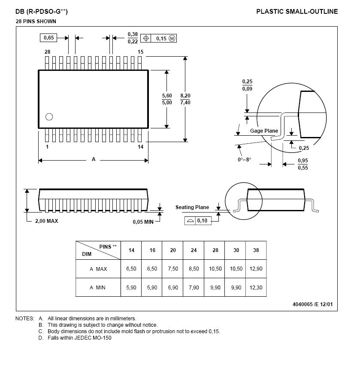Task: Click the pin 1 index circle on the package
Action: coord(49,116)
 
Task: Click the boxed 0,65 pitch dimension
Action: coord(49,38)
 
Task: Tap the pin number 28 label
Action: coord(47,52)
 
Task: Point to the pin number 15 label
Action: coord(140,52)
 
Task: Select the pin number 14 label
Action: coord(140,147)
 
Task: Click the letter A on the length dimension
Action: coord(94,159)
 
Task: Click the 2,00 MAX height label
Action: coord(46,221)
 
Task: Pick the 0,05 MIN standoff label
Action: coord(143,222)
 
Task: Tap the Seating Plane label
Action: coord(192,207)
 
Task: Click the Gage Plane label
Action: coord(264,131)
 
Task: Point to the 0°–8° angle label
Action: coord(244,159)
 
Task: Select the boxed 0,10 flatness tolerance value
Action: coord(203,221)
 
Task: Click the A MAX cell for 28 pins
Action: coord(215,269)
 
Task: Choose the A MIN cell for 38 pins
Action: coord(256,288)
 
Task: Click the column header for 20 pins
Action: coord(173,250)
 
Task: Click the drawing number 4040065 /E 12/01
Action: coord(312,304)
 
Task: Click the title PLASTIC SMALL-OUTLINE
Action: coord(297,12)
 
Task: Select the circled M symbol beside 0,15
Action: coord(172,39)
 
